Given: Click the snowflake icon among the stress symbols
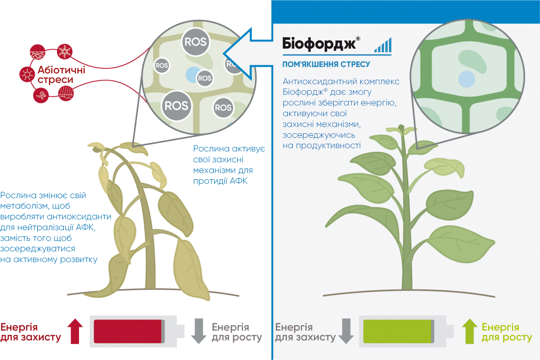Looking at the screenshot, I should [65, 52].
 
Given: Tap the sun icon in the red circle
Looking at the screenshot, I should [27, 74].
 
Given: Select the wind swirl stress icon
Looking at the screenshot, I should [41, 95].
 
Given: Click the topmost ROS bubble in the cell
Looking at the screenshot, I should [195, 42].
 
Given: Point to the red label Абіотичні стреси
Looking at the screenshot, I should [61, 75].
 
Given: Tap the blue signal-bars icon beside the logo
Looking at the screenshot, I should [383, 45].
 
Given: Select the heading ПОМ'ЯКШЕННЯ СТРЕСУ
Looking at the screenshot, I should [326, 64].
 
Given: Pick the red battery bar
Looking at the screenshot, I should [128, 331].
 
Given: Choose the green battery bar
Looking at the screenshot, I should [398, 331].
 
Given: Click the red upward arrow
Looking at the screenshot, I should [75, 331].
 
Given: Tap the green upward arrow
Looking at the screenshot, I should [470, 331].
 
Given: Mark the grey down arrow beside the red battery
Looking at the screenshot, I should [198, 331].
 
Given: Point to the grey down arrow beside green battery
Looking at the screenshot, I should [346, 331].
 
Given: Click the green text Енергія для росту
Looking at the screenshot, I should [506, 332].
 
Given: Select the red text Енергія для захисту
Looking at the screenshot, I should [30, 332].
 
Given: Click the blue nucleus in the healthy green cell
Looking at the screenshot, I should [467, 79].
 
